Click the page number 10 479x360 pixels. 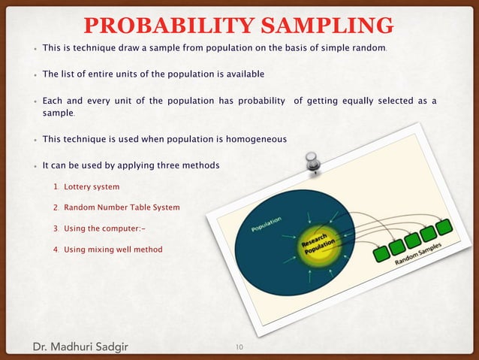pyautogui.click(x=239, y=346)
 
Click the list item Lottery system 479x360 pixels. pyautogui.click(x=92, y=186)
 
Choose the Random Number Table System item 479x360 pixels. pyautogui.click(x=122, y=207)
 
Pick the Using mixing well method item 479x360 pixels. pyautogui.click(x=113, y=249)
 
